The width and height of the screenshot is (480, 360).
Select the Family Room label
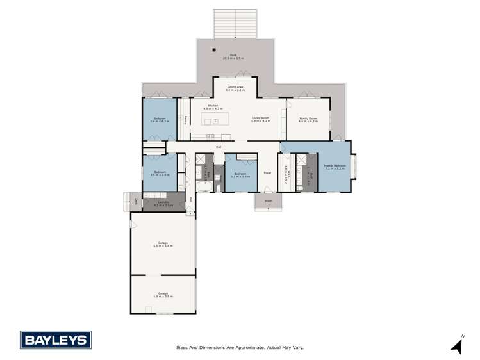308,119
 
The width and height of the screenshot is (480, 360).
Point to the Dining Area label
235,89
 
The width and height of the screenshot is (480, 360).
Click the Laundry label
163,204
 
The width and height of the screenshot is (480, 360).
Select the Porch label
268,201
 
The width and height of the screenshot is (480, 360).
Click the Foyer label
268,173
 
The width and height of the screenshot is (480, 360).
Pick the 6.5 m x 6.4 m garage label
163,245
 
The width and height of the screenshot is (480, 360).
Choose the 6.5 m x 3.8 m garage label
163,295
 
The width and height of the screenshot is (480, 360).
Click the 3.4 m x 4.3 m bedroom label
158,120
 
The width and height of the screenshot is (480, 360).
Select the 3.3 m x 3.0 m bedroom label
240,175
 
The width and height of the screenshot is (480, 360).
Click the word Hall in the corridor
219,147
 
